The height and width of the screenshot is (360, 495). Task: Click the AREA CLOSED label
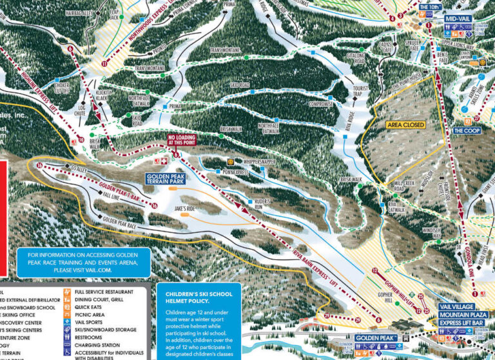pyautogui.click(x=405, y=124)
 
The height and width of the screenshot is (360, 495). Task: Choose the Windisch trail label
pyautogui.click(x=431, y=229)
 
